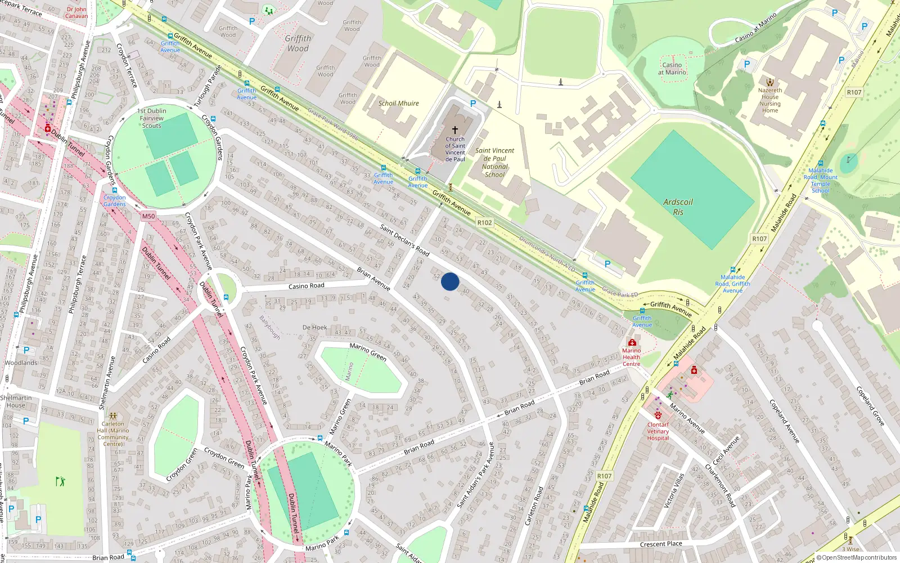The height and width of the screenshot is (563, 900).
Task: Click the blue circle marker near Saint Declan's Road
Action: (450, 281)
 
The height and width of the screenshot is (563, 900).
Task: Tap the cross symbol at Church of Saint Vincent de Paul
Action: (455, 129)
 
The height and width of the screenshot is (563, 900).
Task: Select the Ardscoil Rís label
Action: (678, 207)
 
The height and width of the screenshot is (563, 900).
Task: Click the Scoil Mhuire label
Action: (398, 104)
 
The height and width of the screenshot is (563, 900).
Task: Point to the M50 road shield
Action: (148, 216)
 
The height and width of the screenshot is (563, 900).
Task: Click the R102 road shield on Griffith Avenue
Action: (484, 222)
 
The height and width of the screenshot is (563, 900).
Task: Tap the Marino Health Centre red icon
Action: (632, 342)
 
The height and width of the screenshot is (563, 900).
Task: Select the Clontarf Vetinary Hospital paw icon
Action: (658, 415)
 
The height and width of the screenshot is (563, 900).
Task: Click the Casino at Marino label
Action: (672, 69)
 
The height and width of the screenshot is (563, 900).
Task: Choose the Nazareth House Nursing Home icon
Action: (769, 82)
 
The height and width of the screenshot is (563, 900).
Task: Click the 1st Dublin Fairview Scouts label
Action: (151, 118)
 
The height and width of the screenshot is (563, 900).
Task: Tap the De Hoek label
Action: (314, 327)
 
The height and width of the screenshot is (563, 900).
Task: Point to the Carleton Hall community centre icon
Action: (113, 416)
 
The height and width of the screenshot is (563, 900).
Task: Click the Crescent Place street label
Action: (661, 544)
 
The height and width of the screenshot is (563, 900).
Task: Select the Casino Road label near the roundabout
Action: (306, 286)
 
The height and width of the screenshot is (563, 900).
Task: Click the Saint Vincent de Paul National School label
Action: (494, 162)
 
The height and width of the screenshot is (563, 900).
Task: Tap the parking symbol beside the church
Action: (473, 104)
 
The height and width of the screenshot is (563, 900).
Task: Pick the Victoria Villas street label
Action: (673, 490)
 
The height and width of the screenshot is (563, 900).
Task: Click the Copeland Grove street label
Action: (870, 405)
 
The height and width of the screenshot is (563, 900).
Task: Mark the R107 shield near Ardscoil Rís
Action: (759, 239)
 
